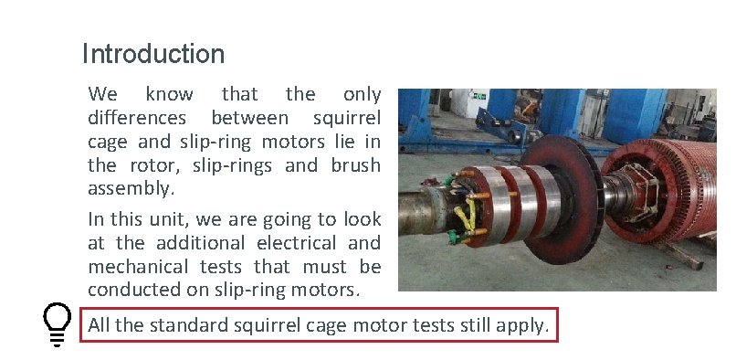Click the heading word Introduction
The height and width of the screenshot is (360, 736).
152,54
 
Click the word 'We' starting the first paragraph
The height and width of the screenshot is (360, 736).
102,94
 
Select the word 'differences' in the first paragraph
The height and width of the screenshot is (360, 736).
138,118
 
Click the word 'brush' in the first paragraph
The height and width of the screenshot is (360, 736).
353,165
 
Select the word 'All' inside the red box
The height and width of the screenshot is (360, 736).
99,325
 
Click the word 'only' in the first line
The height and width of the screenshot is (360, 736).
362,94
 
